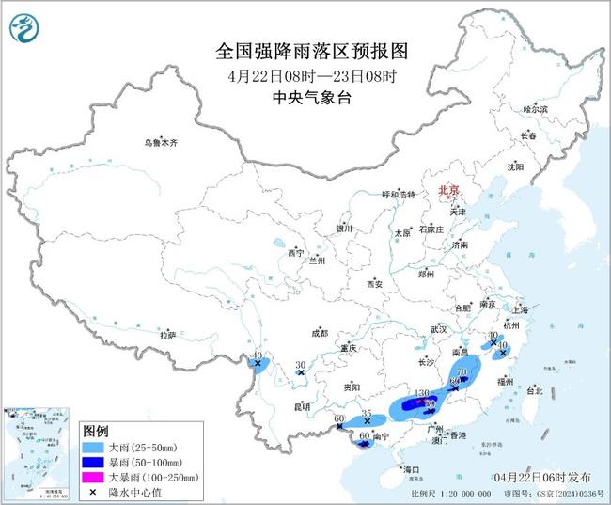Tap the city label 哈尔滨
tap(535, 109)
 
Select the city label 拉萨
tap(167, 335)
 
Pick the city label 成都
tap(320, 333)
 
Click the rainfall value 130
tap(422, 393)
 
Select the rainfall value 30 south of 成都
tap(301, 365)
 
